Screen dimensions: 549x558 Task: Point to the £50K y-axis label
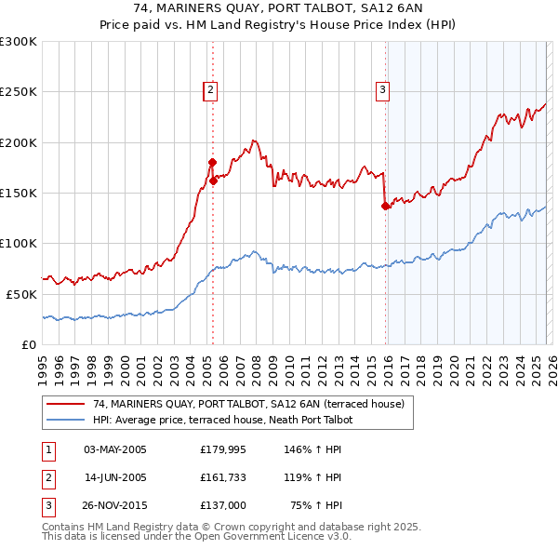click(20, 293)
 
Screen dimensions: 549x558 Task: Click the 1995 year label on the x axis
click(43, 363)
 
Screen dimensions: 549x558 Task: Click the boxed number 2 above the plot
click(211, 90)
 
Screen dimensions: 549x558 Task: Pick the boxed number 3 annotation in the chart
click(382, 90)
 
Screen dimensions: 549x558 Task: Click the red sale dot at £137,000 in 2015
click(385, 207)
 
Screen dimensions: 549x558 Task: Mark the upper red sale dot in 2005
click(212, 163)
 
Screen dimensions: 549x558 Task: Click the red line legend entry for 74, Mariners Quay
click(248, 405)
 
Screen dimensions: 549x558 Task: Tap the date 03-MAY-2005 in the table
click(115, 449)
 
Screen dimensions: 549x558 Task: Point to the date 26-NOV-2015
click(115, 505)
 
